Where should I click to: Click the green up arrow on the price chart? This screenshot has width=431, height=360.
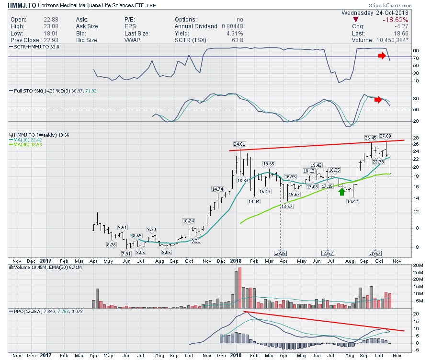click(x=341, y=192)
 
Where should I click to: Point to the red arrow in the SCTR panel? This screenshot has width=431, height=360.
click(x=381, y=56)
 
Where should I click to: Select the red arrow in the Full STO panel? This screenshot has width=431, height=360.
click(x=379, y=99)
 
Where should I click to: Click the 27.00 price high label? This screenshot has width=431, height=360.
click(x=386, y=136)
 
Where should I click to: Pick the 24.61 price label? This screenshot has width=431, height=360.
click(x=239, y=143)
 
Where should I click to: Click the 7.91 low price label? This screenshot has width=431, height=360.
click(x=126, y=254)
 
